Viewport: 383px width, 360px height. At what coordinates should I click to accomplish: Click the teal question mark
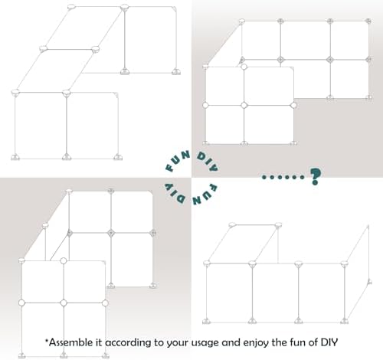click(x=316, y=176)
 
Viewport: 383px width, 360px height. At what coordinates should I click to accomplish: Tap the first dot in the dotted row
click(x=264, y=177)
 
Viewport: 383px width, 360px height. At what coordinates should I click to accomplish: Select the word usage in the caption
click(x=206, y=343)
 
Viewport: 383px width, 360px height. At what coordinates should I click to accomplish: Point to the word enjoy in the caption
click(x=255, y=343)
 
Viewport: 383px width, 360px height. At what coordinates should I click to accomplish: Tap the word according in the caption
click(x=128, y=343)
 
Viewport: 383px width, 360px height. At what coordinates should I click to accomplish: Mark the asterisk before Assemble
click(x=47, y=340)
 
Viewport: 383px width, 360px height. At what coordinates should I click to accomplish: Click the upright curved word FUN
click(x=177, y=161)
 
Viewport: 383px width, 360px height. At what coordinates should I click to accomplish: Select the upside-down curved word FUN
click(x=205, y=194)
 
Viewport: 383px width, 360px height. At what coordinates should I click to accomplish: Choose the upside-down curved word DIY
click(x=175, y=193)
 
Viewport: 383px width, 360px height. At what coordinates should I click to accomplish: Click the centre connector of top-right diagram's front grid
click(x=244, y=105)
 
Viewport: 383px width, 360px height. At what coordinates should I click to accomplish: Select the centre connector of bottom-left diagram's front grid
click(x=64, y=303)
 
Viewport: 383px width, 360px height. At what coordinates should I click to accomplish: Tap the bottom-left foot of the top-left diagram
click(x=15, y=158)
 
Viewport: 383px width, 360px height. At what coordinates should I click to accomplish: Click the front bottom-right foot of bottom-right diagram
click(x=344, y=321)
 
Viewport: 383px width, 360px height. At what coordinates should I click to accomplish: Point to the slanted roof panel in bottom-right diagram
click(x=244, y=244)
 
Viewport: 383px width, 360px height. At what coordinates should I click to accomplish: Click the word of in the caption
click(x=313, y=342)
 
